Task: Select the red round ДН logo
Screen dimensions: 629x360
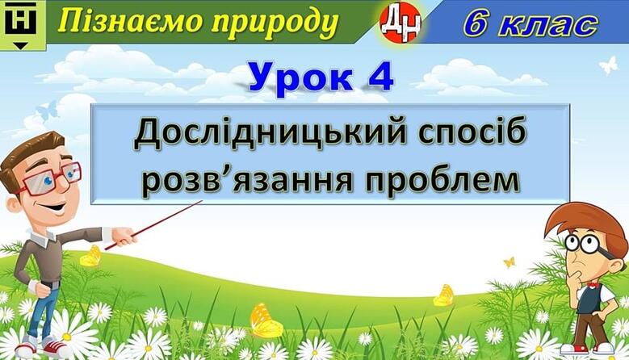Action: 400,22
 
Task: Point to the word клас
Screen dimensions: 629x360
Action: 550,26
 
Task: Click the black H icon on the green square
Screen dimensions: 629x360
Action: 20,19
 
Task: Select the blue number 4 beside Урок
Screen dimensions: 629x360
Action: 380,76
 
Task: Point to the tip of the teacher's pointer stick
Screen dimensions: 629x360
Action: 202,201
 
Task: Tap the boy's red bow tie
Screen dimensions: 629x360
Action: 592,285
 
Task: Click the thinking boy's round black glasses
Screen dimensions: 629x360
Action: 588,244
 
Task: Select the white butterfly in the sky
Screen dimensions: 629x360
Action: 610,65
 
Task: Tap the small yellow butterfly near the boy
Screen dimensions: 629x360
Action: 509,262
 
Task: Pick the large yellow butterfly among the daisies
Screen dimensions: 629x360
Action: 265,320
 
